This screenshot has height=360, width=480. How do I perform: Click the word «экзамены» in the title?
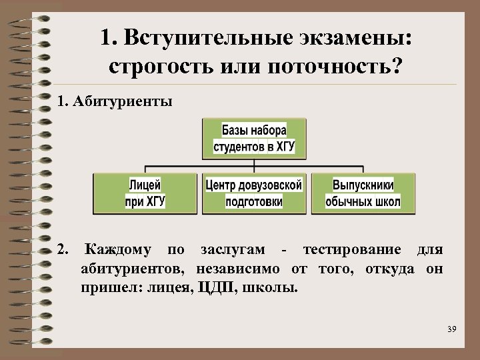pyautogui.click(x=354, y=38)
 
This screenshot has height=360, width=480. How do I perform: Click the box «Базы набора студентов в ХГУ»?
pyautogui.click(x=254, y=139)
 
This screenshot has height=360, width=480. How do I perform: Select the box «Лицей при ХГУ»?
pyautogui.click(x=145, y=193)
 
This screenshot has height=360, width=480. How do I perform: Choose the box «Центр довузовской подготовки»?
pyautogui.click(x=254, y=193)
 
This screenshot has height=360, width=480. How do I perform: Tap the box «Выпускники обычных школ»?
pyautogui.click(x=363, y=193)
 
